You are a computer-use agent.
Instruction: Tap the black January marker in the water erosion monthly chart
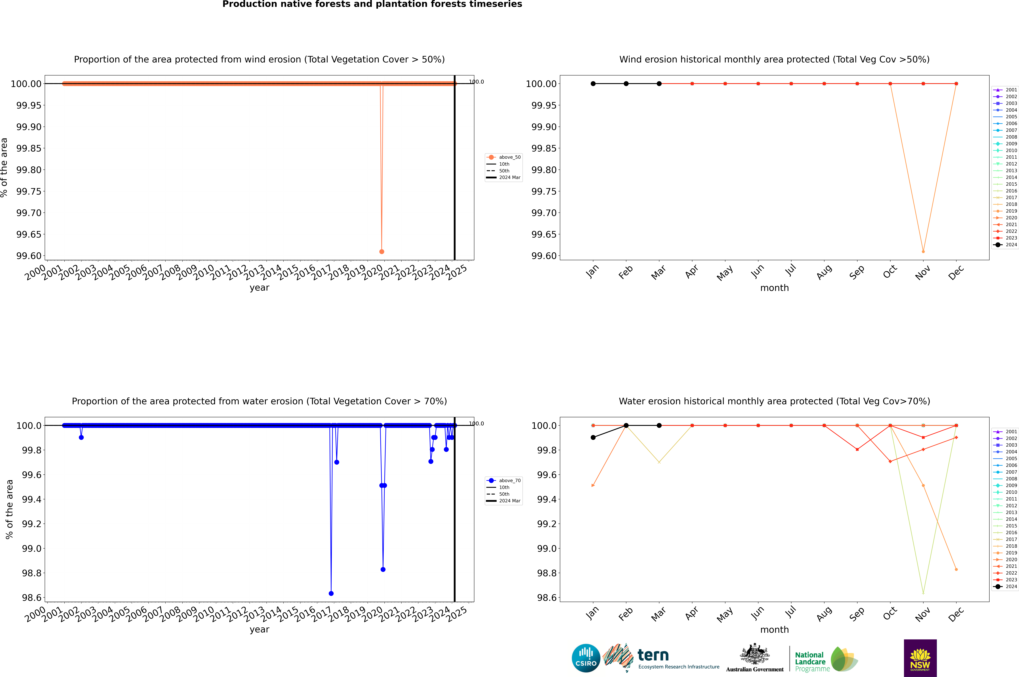593,437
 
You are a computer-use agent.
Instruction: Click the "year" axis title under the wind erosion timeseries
259,288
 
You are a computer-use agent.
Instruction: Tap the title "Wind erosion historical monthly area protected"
774,60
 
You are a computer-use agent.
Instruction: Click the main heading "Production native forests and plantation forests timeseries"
372,4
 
